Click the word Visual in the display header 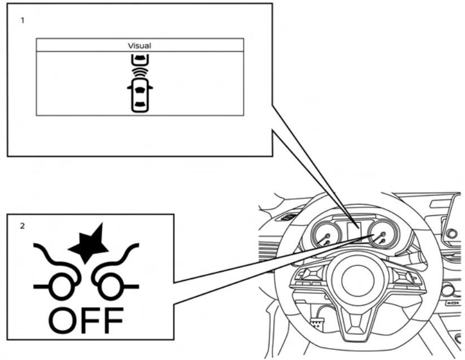(x=140, y=45)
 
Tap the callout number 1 (x=23, y=20)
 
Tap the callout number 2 (x=23, y=226)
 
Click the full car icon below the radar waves (x=140, y=94)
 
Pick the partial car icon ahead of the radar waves (x=140, y=59)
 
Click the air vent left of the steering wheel (x=288, y=216)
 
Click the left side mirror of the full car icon (x=129, y=87)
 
